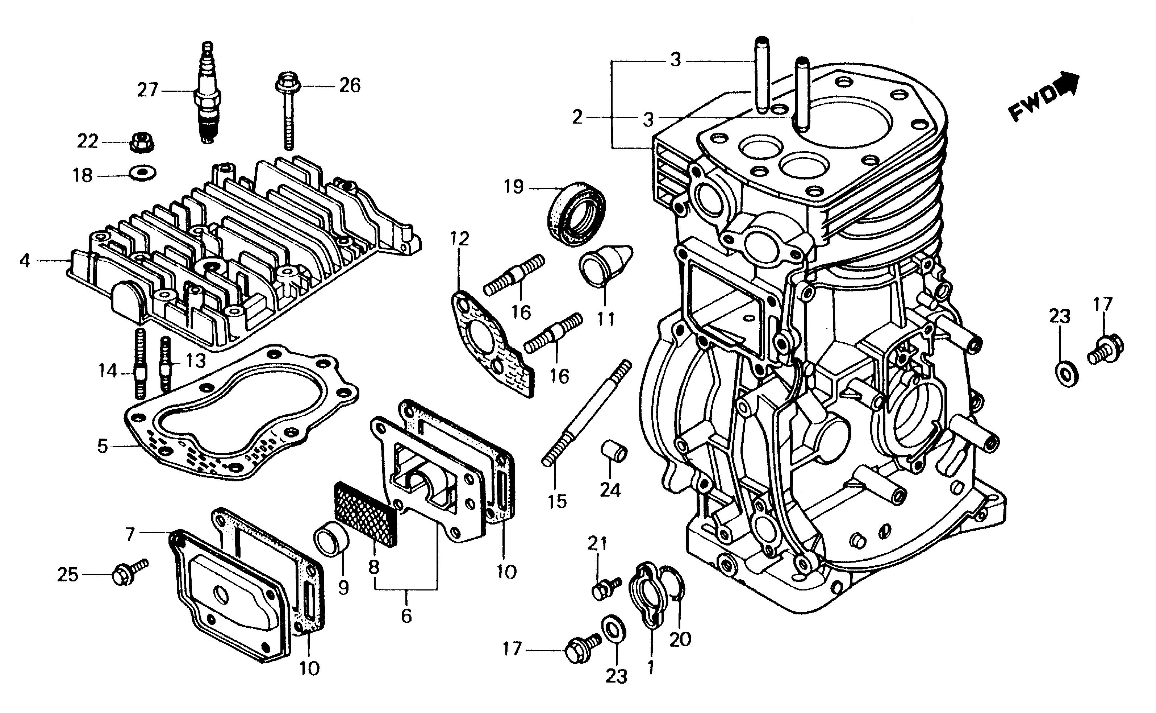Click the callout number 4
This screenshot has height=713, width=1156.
(x=25, y=261)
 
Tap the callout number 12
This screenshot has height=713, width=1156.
(x=459, y=239)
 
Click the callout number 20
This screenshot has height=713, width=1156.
(x=680, y=639)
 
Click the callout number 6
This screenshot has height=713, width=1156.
(x=406, y=615)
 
